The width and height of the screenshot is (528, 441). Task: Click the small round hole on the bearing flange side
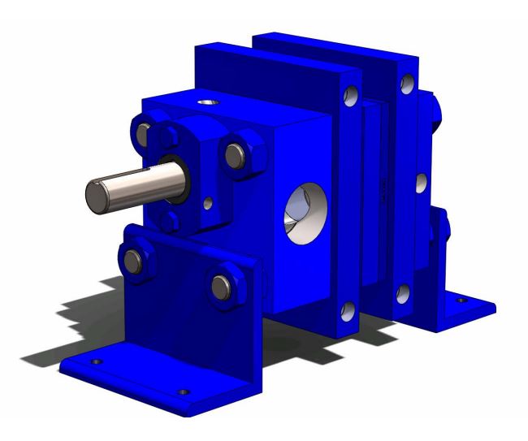coord(210,200)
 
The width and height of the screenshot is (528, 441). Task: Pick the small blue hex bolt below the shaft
coord(172,221)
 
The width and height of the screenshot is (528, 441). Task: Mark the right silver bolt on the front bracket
coord(219,284)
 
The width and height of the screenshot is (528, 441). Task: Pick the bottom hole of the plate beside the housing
coord(347,310)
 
